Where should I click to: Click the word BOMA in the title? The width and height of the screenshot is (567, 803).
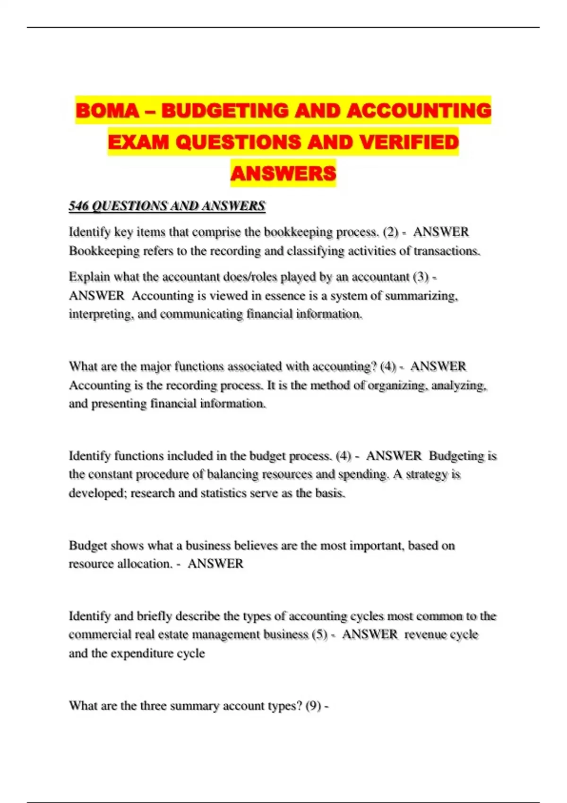(107, 111)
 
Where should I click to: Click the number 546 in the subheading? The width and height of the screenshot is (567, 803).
(78, 206)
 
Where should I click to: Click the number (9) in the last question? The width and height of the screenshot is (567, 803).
(313, 706)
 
